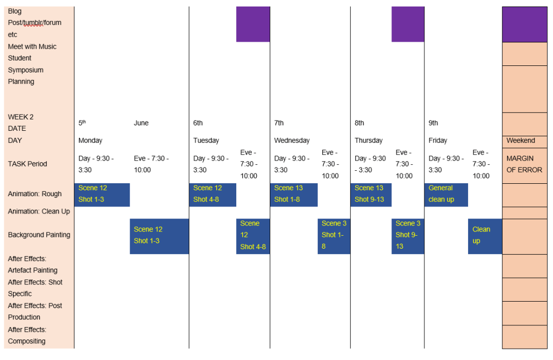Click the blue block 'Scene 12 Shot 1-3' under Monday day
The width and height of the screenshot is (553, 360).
[x=102, y=194]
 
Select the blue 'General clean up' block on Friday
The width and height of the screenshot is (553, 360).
[x=446, y=194]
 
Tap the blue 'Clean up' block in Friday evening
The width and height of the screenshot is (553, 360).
[x=485, y=236]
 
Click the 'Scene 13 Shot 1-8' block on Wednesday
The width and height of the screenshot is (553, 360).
[x=294, y=194]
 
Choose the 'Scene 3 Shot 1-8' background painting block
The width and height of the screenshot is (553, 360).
[x=334, y=236]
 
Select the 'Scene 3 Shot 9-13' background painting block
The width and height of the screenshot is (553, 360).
[x=408, y=236]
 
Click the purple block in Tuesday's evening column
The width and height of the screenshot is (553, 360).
[x=253, y=24]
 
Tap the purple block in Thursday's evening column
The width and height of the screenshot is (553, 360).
[x=408, y=24]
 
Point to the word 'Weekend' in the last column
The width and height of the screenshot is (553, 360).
[x=521, y=141]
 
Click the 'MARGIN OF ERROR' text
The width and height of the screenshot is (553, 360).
[x=524, y=164]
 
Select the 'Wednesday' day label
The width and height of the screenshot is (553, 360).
[x=292, y=141]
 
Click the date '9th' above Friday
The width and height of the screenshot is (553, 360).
[x=434, y=123]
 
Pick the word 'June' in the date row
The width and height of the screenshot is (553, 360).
[x=141, y=123]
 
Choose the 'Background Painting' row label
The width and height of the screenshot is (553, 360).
[x=39, y=235]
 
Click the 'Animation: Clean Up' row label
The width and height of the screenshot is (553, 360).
[x=38, y=211]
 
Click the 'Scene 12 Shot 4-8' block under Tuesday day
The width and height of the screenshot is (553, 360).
[x=212, y=194]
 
